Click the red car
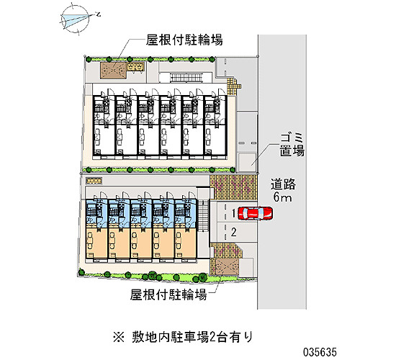(x=256, y=213)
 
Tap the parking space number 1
(x=233, y=213)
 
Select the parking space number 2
(x=234, y=232)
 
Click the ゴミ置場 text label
(x=292, y=145)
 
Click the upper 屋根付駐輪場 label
(x=184, y=40)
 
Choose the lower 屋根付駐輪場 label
(x=168, y=294)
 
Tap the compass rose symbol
(x=76, y=19)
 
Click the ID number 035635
(x=320, y=351)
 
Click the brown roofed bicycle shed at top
(x=113, y=70)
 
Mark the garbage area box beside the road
(x=247, y=162)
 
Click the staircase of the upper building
(x=186, y=77)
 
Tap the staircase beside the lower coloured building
(x=203, y=215)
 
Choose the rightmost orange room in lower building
(x=185, y=243)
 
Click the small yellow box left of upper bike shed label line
(x=136, y=67)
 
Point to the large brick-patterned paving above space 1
(x=233, y=187)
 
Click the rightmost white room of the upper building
(x=215, y=140)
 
